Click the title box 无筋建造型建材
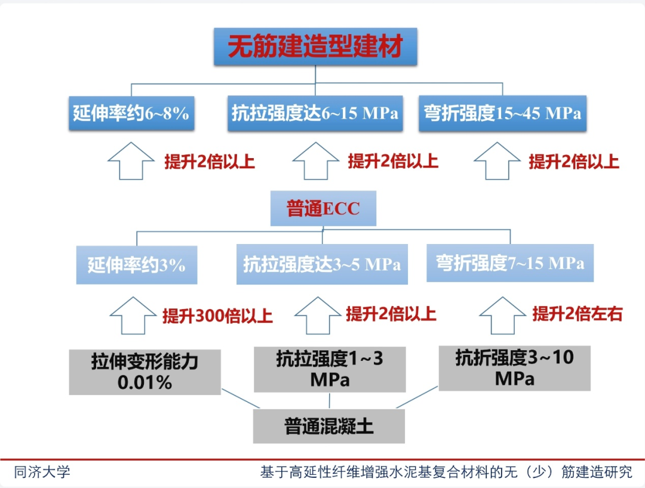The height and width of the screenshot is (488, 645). [315, 46]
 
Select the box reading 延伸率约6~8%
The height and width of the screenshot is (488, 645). [131, 113]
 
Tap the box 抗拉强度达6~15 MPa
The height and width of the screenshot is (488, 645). [315, 113]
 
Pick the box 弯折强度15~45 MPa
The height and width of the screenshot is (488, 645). [502, 113]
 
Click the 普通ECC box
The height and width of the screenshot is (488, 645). [323, 208]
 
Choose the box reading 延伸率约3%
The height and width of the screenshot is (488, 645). [137, 265]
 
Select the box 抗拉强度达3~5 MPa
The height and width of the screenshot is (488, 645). [322, 264]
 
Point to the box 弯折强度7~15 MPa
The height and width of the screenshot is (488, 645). [510, 263]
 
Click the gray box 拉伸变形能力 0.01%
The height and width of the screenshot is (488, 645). [145, 372]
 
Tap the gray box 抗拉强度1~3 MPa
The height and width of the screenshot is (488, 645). [330, 369]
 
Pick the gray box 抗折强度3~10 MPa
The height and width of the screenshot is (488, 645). [514, 367]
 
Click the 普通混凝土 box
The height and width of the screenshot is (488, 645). [328, 426]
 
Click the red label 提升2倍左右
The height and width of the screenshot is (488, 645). [577, 314]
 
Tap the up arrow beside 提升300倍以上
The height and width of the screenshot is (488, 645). [133, 316]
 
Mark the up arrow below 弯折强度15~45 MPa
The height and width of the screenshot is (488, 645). [497, 160]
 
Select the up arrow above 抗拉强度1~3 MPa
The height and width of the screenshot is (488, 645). [318, 316]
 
